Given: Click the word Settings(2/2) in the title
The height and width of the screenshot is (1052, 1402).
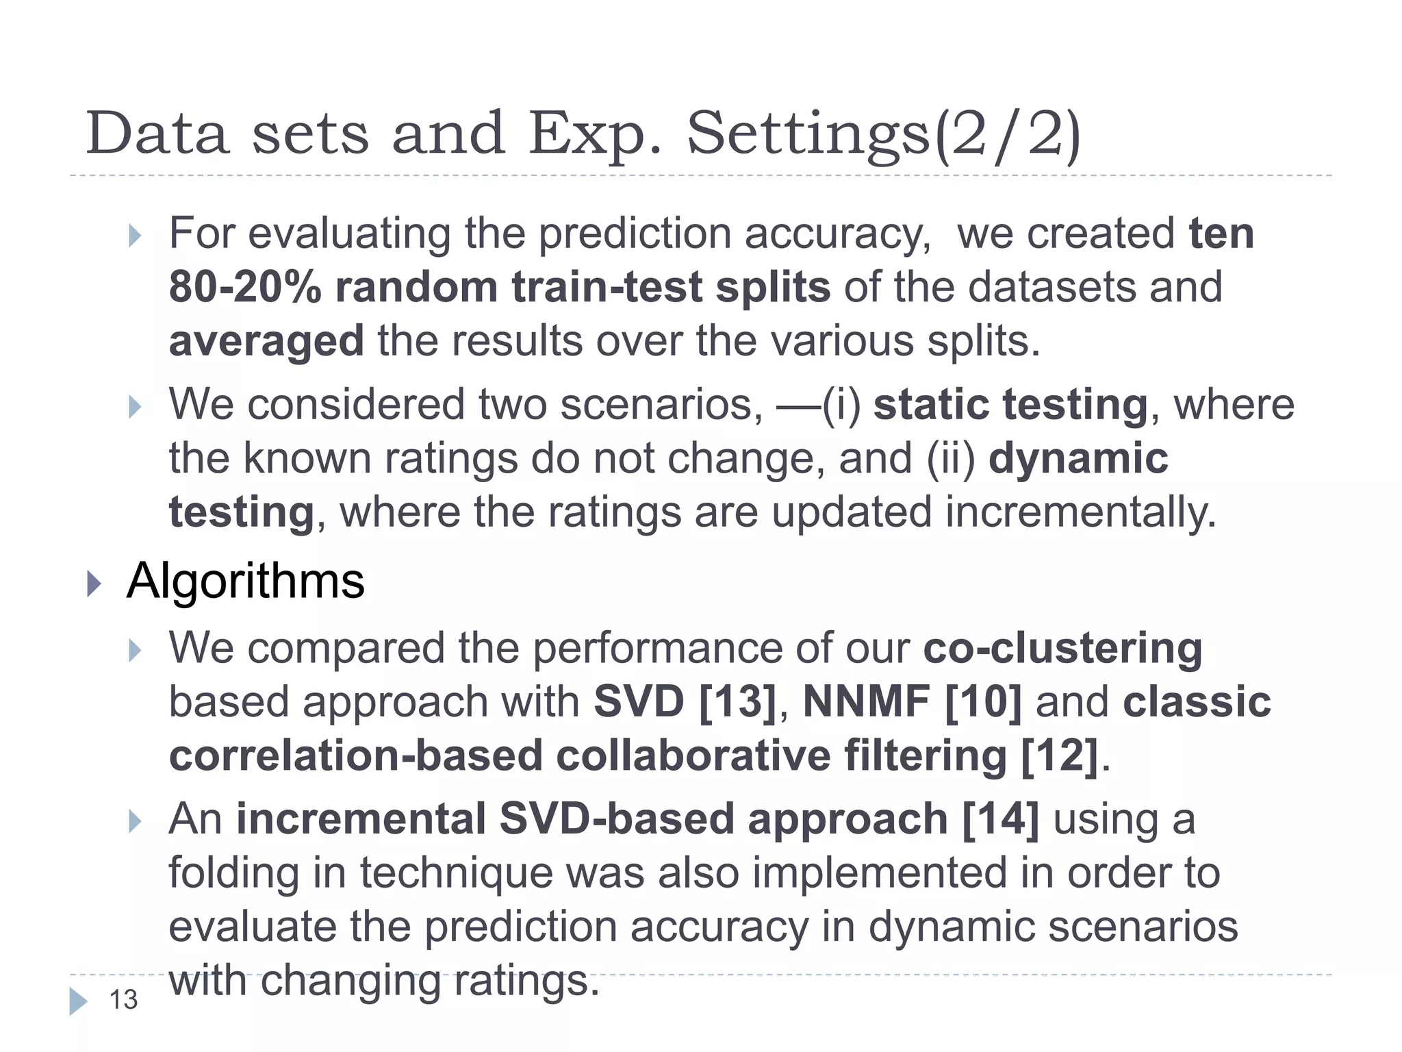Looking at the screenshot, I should (x=883, y=135).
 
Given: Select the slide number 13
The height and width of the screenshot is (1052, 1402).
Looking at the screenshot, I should (x=124, y=1000).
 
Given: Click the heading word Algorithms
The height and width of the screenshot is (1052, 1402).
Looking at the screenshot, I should (x=246, y=581).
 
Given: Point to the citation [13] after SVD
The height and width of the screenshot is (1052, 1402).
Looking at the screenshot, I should (x=737, y=702).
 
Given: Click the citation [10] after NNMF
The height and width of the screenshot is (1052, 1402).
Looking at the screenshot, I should (x=983, y=702).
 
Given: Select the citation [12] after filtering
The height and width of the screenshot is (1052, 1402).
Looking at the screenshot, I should (x=1059, y=756).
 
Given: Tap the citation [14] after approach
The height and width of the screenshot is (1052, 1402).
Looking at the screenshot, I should (x=1000, y=819).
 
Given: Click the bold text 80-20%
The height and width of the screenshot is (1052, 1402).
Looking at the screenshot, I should (x=245, y=287).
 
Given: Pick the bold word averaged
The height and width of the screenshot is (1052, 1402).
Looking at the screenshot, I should (x=266, y=341).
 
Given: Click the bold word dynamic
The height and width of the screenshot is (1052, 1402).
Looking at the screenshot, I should (x=1079, y=458).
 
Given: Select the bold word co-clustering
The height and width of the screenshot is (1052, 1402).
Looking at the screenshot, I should (x=1062, y=648).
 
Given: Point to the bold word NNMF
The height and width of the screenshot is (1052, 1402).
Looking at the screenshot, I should (x=866, y=702).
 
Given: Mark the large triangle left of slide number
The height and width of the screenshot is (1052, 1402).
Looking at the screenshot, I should (x=78, y=1001).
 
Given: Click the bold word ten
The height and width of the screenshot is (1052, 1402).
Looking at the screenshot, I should (x=1221, y=234).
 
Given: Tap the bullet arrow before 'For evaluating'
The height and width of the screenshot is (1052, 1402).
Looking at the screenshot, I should (x=135, y=236).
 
